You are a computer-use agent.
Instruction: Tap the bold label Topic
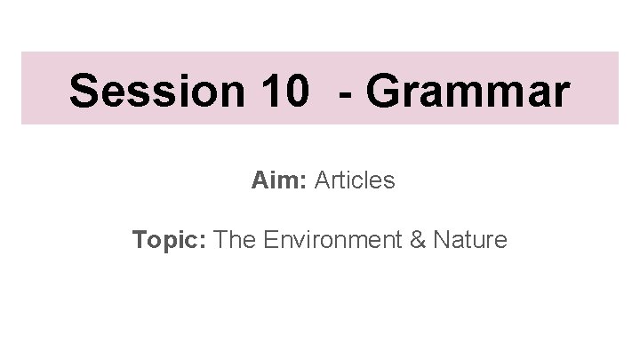pos(168,240)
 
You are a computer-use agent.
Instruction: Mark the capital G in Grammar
pos(388,91)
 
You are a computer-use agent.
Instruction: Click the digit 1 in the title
pos(272,91)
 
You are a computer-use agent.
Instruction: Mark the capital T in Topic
pos(140,239)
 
